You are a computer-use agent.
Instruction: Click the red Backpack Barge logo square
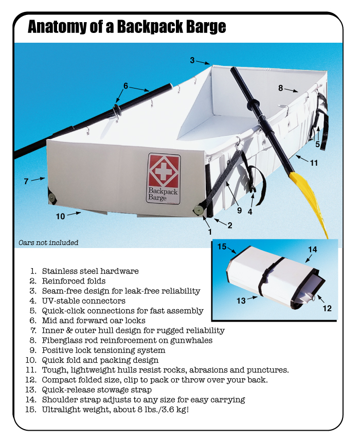pyautogui.click(x=164, y=170)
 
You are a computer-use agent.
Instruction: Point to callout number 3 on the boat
pyautogui.click(x=192, y=60)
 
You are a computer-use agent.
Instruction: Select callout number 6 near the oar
pyautogui.click(x=125, y=85)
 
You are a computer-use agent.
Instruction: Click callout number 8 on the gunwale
pyautogui.click(x=281, y=88)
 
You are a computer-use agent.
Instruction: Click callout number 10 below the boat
pyautogui.click(x=61, y=216)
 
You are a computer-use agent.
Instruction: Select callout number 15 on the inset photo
pyautogui.click(x=221, y=246)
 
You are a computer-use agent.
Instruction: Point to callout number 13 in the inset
pyautogui.click(x=241, y=300)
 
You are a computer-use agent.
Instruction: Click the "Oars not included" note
pyautogui.click(x=48, y=242)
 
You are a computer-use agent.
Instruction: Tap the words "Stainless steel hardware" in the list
pyautogui.click(x=90, y=271)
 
